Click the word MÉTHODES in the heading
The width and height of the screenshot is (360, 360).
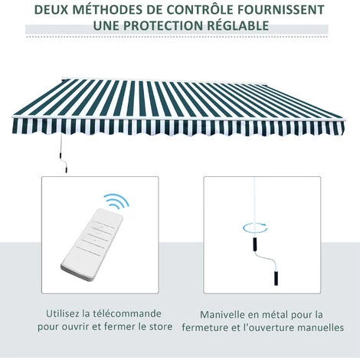103,10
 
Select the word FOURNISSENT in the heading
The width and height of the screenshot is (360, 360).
281,10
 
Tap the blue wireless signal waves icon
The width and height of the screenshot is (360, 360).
116,201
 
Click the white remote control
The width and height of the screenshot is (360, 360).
92,244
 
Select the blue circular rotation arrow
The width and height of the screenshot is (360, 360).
255,227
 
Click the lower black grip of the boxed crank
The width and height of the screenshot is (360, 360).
276,278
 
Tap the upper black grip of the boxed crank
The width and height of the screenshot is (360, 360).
255,245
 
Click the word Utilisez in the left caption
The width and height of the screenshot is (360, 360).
63,313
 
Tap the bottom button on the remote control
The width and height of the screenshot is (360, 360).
88,250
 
